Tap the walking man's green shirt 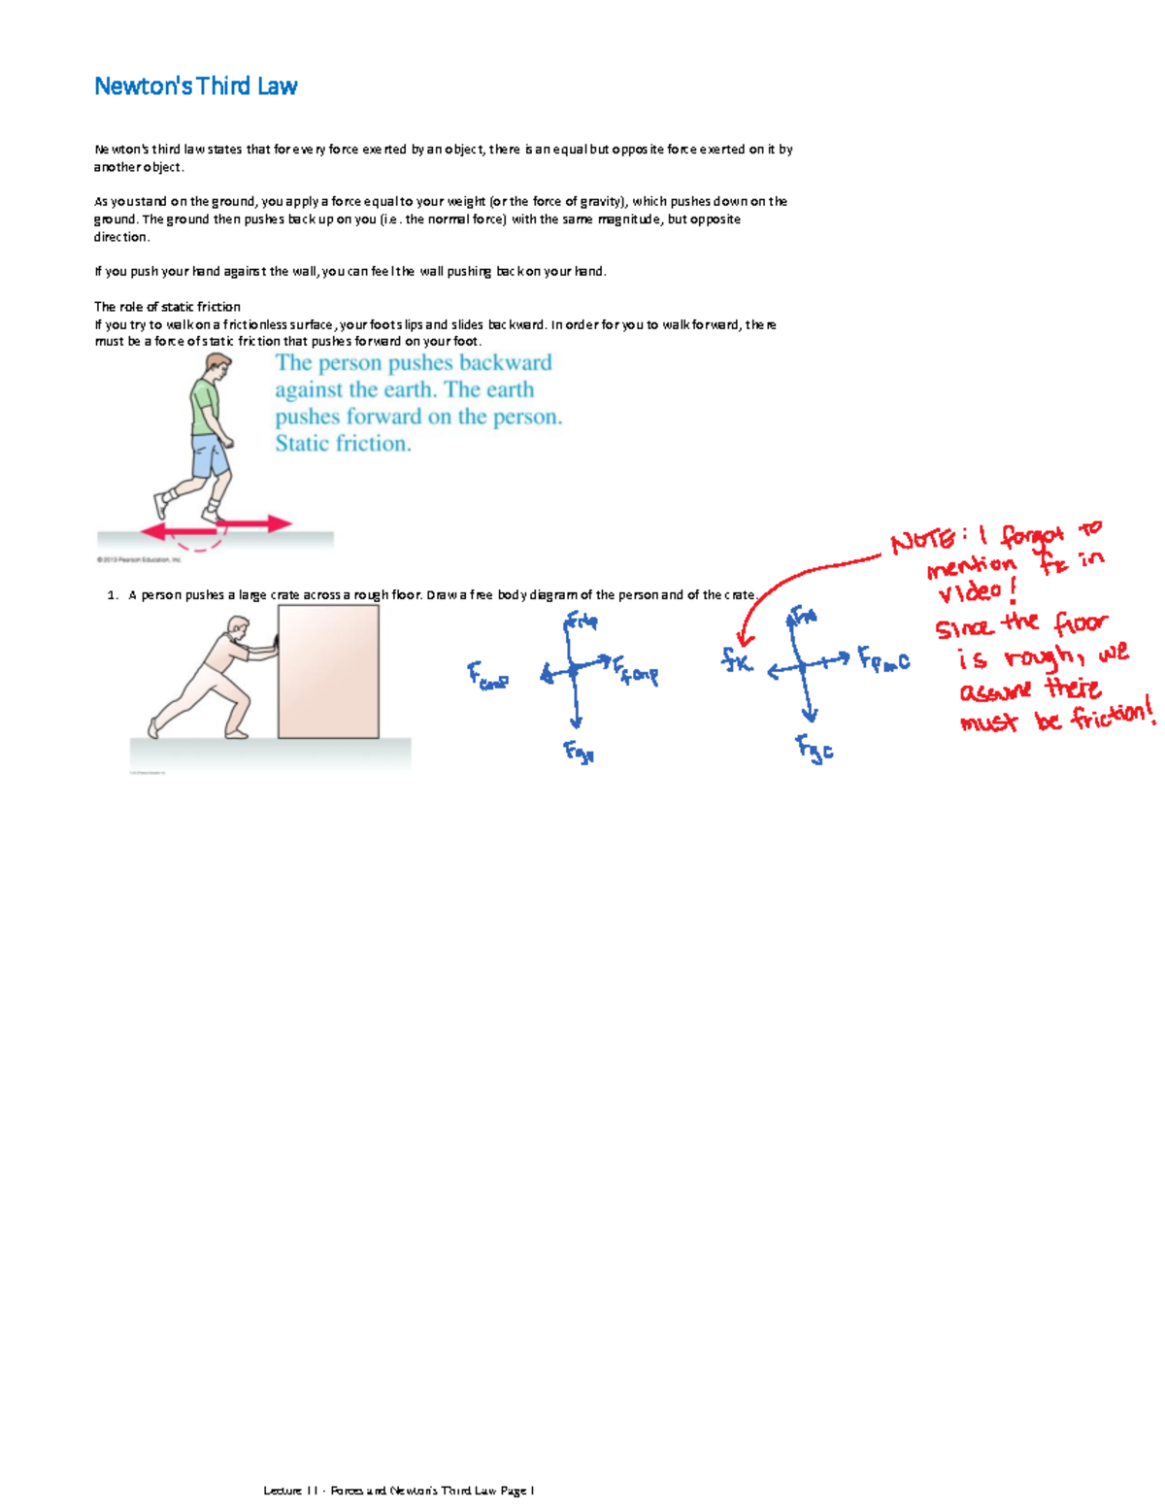tap(206, 408)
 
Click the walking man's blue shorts tap(210, 455)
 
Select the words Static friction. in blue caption tap(343, 444)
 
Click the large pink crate tap(328, 671)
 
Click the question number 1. tap(113, 595)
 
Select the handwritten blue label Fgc tap(815, 748)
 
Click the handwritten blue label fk tap(737, 661)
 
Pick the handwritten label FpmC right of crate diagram tap(883, 660)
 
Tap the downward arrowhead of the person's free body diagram tap(577, 722)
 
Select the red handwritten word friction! tap(1113, 716)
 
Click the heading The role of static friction tap(167, 307)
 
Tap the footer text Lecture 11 tap(290, 1491)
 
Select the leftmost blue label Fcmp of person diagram tap(487, 676)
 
